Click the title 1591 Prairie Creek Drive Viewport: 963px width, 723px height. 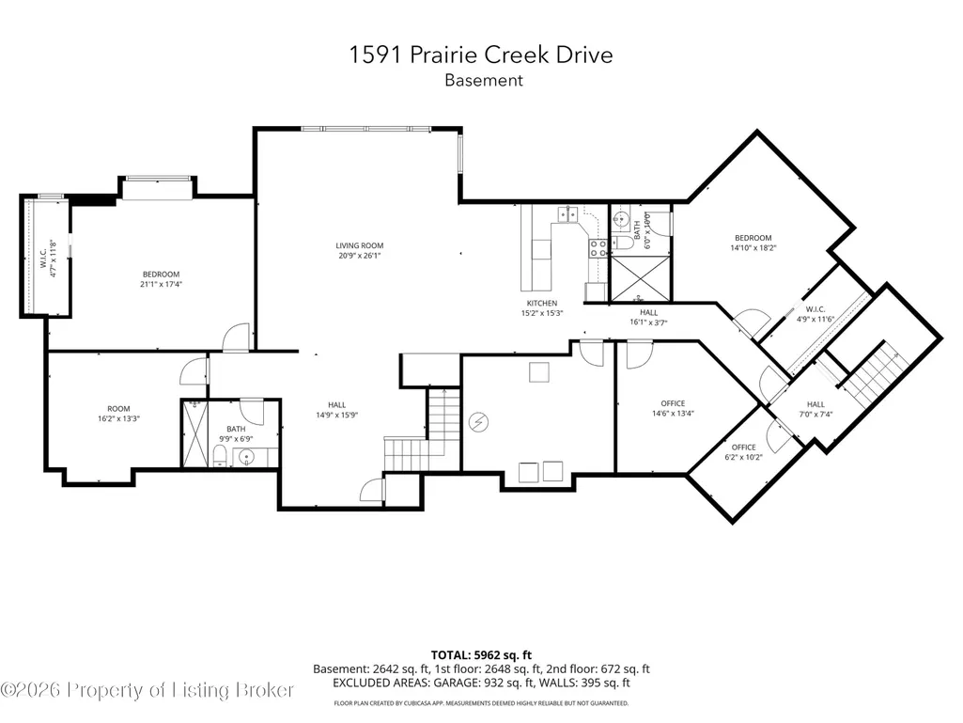click(x=481, y=55)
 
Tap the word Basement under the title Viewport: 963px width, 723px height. click(x=484, y=81)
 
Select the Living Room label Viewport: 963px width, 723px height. click(x=359, y=250)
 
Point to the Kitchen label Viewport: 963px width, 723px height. click(x=542, y=307)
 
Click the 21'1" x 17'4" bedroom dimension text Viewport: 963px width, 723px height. click(x=161, y=284)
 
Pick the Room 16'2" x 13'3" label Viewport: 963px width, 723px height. click(x=118, y=413)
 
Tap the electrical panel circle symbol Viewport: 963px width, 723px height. click(x=478, y=422)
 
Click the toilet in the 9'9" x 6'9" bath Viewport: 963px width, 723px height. click(x=219, y=456)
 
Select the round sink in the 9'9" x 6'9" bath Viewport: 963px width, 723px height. click(x=246, y=457)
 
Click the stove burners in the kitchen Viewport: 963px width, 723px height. click(x=598, y=248)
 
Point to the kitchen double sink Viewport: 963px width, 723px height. click(x=567, y=214)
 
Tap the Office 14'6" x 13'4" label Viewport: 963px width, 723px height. click(x=673, y=408)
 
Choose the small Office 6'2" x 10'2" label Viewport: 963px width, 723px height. click(x=744, y=452)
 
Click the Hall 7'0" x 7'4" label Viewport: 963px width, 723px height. click(x=815, y=409)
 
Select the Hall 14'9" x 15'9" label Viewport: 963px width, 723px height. click(x=336, y=410)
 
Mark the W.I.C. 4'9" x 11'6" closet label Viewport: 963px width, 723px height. click(x=815, y=314)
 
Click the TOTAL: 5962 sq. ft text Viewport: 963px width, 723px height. click(x=481, y=654)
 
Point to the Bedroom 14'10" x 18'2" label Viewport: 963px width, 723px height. click(x=753, y=243)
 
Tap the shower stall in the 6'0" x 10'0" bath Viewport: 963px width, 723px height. click(x=641, y=278)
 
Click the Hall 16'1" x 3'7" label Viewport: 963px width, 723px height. click(x=648, y=317)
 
